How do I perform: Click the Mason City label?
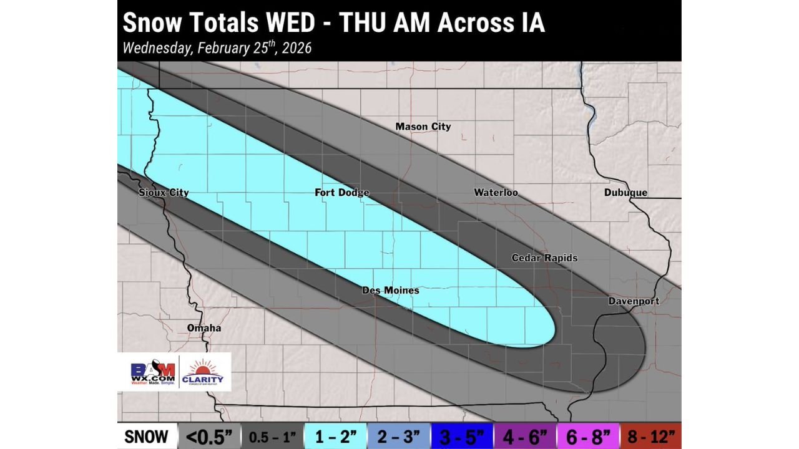point(423,127)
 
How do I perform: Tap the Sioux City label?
point(163,193)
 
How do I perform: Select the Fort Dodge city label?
point(341,193)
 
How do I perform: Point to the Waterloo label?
point(496,193)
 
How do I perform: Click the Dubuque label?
point(625,193)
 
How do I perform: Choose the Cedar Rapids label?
point(544,258)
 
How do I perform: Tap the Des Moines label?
point(391,291)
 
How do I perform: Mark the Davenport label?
point(634,301)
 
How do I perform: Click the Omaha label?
point(204,328)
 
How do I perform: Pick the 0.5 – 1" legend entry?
point(272,437)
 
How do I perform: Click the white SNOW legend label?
point(147,437)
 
